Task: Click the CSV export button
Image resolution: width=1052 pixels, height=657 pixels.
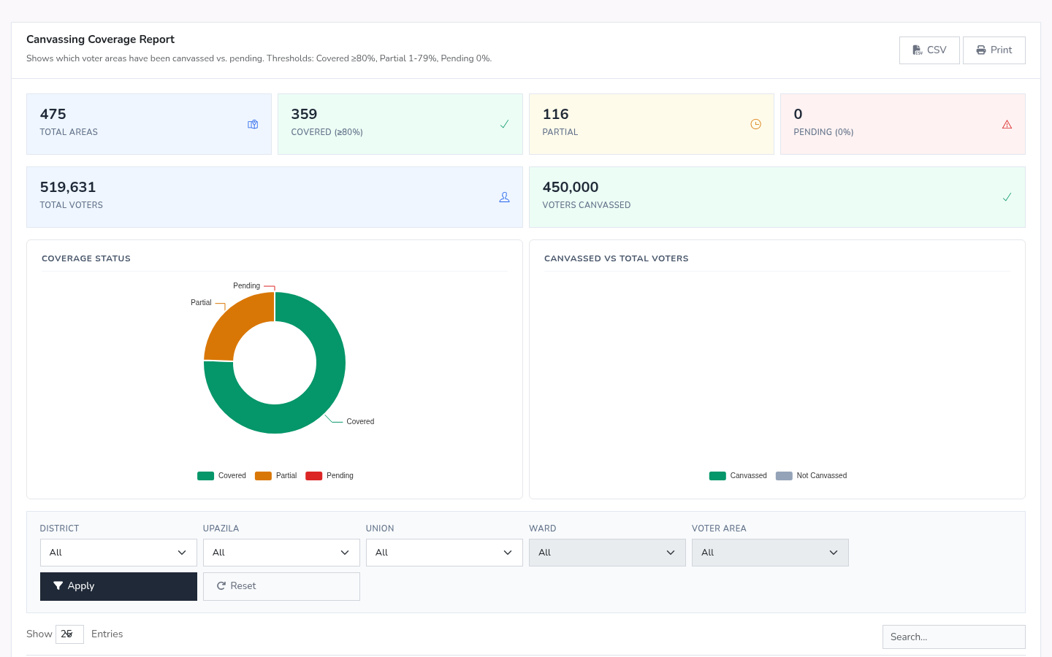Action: (x=929, y=50)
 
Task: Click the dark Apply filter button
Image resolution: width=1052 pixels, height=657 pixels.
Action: (x=118, y=586)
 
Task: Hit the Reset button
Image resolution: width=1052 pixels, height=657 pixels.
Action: (x=281, y=586)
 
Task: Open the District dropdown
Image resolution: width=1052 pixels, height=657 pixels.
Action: (x=118, y=553)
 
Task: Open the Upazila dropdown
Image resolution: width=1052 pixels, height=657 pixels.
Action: (x=281, y=553)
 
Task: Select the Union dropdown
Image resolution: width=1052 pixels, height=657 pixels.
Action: (x=444, y=553)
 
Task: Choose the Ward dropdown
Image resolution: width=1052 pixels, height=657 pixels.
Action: (x=607, y=553)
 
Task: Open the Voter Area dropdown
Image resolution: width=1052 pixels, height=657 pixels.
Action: (x=770, y=553)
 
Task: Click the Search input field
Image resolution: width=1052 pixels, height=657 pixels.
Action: (x=954, y=637)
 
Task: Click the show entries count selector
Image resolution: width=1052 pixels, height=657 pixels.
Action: (x=69, y=634)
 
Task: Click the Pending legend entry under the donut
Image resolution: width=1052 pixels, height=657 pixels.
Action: (x=329, y=475)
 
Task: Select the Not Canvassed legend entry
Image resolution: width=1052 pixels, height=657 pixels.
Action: (x=811, y=475)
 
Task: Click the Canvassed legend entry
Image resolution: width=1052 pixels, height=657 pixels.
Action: (x=738, y=475)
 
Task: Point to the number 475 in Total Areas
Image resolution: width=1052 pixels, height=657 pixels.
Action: (x=53, y=114)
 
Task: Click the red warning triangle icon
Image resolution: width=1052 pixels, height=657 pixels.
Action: (x=1007, y=124)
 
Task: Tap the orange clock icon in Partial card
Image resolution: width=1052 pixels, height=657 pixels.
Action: (x=755, y=124)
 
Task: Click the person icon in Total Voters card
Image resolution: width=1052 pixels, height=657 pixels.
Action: (x=504, y=197)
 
